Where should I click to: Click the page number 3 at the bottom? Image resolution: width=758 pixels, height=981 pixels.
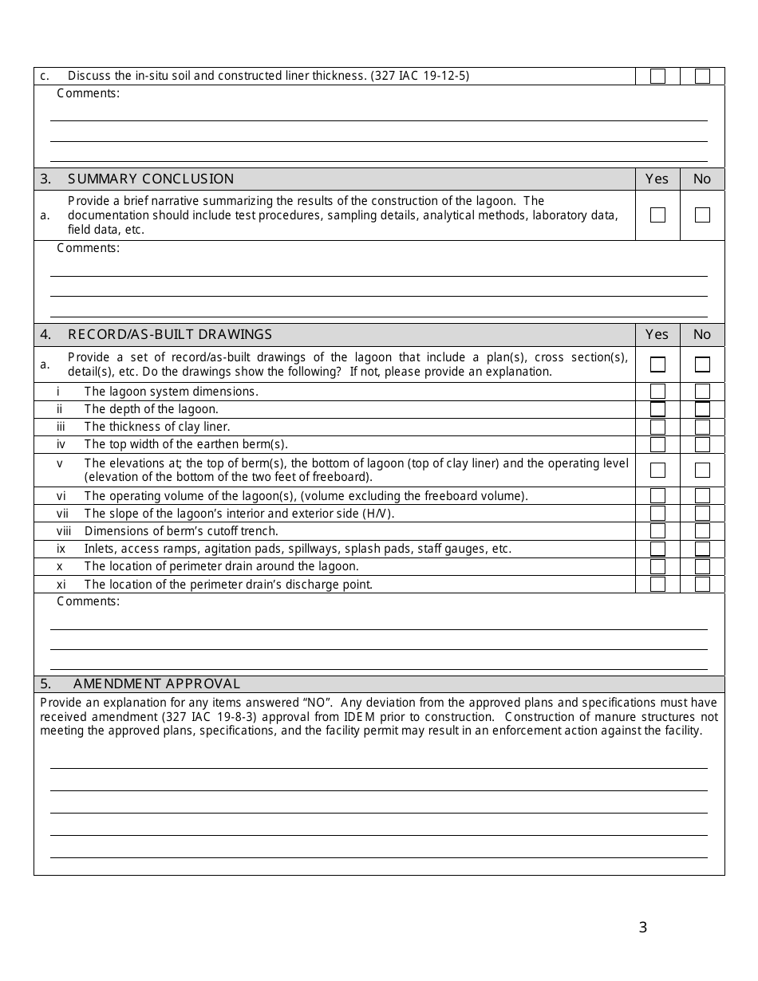click(x=643, y=928)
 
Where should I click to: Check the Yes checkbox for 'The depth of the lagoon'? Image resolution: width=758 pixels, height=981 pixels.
click(x=657, y=409)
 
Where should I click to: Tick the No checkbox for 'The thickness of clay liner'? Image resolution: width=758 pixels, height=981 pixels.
click(x=702, y=427)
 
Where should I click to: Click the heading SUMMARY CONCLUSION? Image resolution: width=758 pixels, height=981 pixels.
click(x=151, y=179)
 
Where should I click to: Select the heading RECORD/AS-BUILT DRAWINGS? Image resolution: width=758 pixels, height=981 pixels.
click(x=170, y=334)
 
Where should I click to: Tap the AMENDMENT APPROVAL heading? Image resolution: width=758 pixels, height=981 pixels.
click(x=156, y=684)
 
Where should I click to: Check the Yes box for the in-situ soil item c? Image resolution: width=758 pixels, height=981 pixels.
click(x=657, y=77)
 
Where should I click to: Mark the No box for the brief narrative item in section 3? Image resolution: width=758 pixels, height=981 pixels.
click(x=702, y=215)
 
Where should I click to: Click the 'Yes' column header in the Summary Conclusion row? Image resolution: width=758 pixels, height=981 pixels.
click(x=657, y=179)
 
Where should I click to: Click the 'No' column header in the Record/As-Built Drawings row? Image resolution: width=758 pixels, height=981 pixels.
click(x=702, y=334)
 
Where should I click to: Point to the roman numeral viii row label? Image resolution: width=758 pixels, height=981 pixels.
click(x=64, y=531)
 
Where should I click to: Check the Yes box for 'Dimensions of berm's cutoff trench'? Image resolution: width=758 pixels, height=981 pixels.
click(x=657, y=531)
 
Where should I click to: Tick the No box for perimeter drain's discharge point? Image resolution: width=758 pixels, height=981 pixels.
click(x=702, y=584)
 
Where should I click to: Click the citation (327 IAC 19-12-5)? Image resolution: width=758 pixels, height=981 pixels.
click(x=420, y=76)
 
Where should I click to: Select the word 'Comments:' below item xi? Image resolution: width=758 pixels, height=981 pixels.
click(x=88, y=601)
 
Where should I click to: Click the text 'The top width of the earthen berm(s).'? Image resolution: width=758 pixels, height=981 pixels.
click(x=186, y=444)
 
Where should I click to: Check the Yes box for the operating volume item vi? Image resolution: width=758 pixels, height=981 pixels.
click(x=657, y=496)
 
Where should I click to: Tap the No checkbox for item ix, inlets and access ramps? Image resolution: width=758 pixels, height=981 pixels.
click(x=702, y=549)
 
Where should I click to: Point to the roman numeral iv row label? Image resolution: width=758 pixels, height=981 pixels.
click(x=61, y=444)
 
